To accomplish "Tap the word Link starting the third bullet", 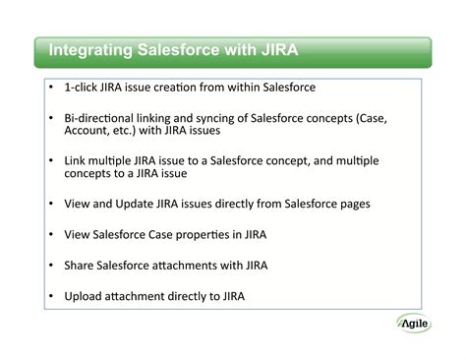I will click(76, 160).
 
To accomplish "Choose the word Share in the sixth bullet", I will click(80, 265).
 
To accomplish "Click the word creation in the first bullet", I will click(178, 87).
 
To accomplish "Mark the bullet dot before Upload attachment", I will click(51, 295).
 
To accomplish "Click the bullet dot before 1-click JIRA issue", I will click(51, 87).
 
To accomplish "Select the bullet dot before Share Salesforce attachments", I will click(51, 265).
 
